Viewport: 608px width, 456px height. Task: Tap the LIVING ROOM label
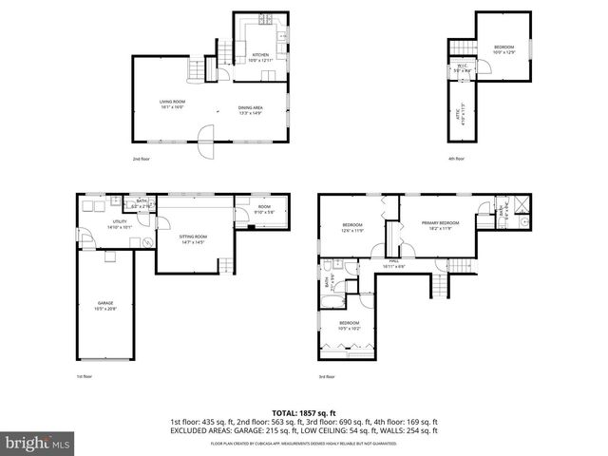172,104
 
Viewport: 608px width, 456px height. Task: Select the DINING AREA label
252,109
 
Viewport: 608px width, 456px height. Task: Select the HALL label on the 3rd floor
393,263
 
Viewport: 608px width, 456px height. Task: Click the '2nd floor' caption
142,158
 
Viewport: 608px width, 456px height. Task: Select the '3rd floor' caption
327,377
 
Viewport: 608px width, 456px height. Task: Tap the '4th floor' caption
457,158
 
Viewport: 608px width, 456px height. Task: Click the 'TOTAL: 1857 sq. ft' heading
304,412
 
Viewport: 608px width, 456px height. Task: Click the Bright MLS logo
37,443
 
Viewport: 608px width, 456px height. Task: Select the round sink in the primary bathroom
523,218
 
